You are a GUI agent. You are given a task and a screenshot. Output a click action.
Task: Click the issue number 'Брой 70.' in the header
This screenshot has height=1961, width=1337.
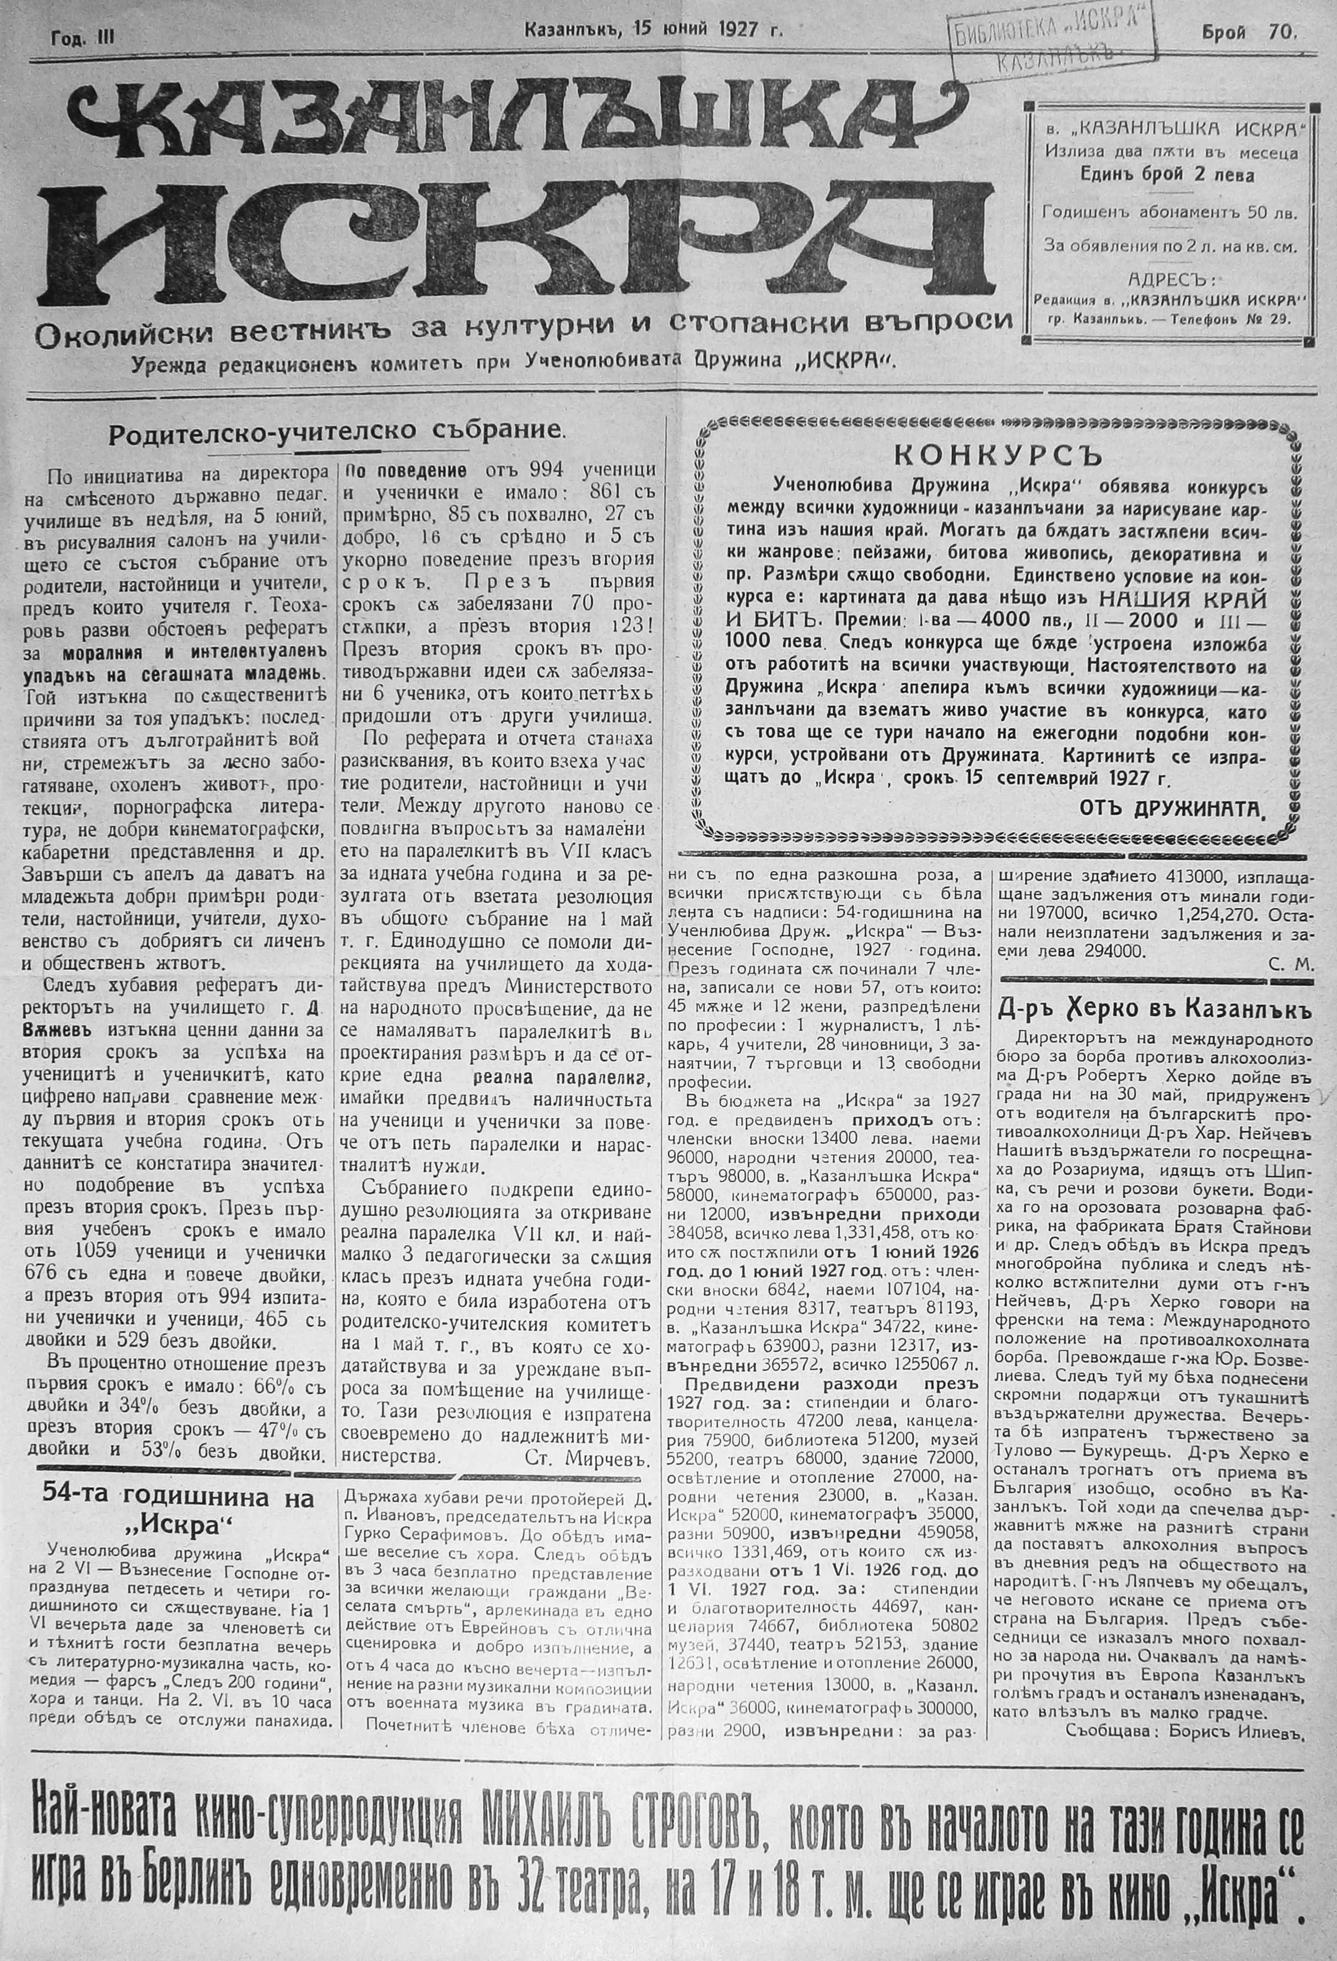click(1250, 32)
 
